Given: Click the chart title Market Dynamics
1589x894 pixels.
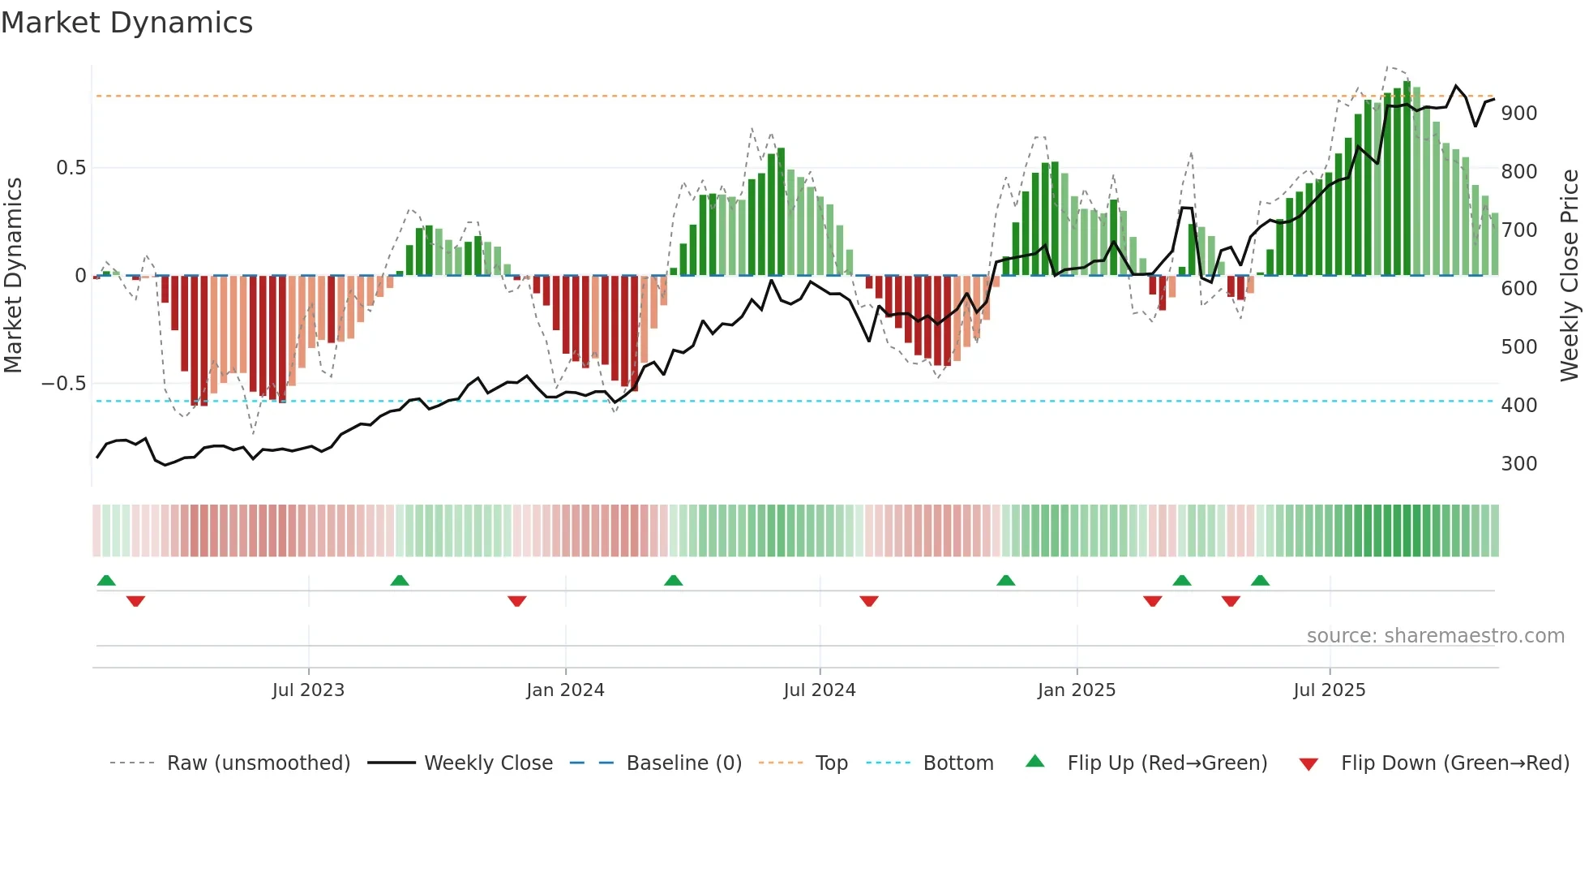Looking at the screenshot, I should (x=126, y=23).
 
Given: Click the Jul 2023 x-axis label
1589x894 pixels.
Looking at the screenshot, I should (x=308, y=690).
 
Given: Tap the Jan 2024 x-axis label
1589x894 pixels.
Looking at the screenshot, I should (x=565, y=690).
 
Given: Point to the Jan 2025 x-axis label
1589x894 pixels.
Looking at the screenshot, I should (x=1077, y=690).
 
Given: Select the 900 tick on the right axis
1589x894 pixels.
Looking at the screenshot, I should (x=1519, y=114).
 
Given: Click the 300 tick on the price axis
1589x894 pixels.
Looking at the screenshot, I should (x=1519, y=464).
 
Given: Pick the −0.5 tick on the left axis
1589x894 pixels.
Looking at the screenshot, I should (x=63, y=384).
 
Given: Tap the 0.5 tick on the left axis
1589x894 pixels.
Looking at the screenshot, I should (x=71, y=168).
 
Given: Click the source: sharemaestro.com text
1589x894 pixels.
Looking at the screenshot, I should (x=1435, y=636).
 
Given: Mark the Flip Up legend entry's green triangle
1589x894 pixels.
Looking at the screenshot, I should (x=1035, y=762).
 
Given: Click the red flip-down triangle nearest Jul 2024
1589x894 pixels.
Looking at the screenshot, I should (x=869, y=601).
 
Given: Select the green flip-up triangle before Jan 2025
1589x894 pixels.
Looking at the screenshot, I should (x=1005, y=580).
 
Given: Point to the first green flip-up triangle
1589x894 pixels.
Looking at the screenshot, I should (x=106, y=580).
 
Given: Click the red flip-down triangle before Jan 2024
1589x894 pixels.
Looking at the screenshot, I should (x=517, y=601).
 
